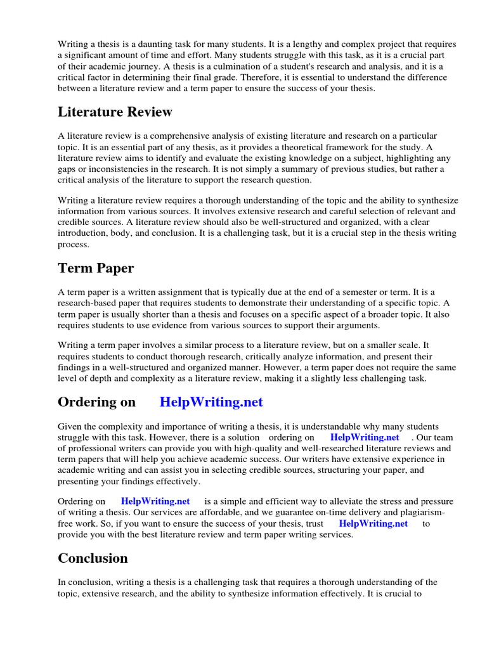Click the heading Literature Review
coord(115,112)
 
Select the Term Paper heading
coord(96,268)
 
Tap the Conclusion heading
coord(93,558)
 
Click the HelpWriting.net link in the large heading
coord(211,402)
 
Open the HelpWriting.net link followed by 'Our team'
coord(365,437)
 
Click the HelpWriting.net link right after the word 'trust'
coord(373,524)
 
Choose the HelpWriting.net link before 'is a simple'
coord(155,501)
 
